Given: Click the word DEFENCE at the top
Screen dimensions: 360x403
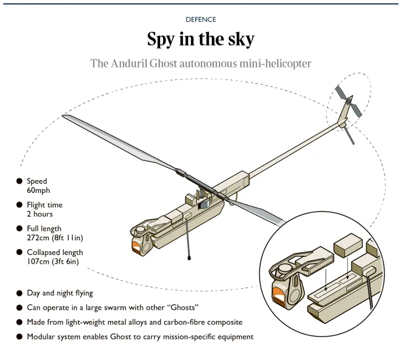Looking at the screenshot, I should (x=201, y=19).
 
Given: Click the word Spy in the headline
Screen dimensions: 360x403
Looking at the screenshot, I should (x=162, y=40).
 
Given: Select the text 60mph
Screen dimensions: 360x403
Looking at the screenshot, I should (x=38, y=191).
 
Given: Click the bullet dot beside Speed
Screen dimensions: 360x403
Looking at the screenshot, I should (x=19, y=181).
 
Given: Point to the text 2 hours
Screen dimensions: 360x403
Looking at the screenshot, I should (x=39, y=214).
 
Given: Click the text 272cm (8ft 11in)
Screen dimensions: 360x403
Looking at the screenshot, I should (x=55, y=238).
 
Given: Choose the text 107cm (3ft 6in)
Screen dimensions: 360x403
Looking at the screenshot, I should (x=53, y=262).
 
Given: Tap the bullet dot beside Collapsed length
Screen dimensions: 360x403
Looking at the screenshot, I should (x=19, y=252).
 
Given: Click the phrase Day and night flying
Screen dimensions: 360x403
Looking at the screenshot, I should (x=59, y=293).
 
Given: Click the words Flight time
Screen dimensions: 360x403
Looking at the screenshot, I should (x=44, y=205).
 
